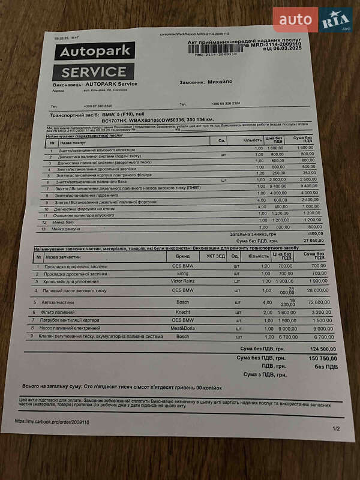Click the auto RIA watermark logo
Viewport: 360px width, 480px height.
(x=313, y=20)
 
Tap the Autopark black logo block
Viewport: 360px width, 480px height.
(x=95, y=52)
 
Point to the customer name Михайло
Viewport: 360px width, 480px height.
(x=220, y=81)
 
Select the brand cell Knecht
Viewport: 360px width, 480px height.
(x=182, y=313)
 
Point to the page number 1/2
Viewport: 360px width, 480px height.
(x=335, y=428)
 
